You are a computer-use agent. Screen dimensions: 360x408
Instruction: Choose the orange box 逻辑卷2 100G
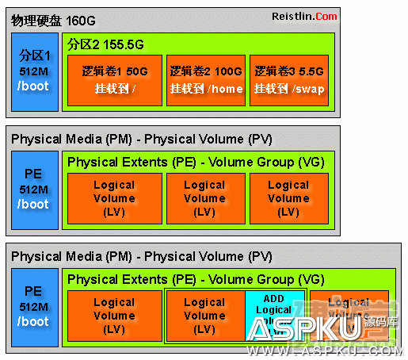click(x=204, y=79)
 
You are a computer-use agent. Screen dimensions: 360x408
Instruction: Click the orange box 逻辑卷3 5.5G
click(x=288, y=79)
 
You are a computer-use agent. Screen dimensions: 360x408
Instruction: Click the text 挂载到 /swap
click(x=288, y=90)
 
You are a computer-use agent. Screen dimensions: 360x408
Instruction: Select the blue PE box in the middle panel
click(x=35, y=190)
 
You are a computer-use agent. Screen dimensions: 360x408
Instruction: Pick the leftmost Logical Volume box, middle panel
click(x=114, y=197)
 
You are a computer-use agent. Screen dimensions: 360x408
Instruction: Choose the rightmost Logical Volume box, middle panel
click(x=288, y=197)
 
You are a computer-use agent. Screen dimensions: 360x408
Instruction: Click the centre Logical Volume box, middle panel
click(x=204, y=197)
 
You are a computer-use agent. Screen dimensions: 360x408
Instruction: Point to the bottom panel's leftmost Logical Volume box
click(x=114, y=315)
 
